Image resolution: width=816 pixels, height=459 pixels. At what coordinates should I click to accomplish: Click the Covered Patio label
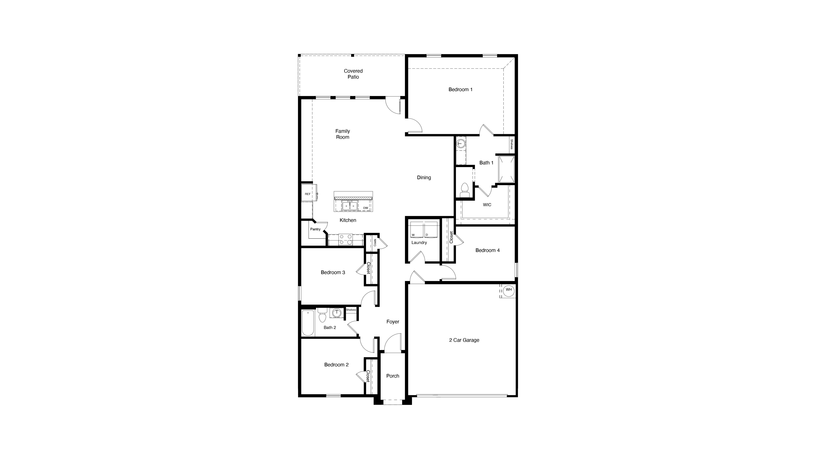point(353,74)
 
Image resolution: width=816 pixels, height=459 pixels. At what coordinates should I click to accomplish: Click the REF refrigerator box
point(308,194)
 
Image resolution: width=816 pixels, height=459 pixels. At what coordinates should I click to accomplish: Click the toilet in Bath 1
point(464,189)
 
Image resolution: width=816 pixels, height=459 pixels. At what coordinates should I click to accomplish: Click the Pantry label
point(315,229)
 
